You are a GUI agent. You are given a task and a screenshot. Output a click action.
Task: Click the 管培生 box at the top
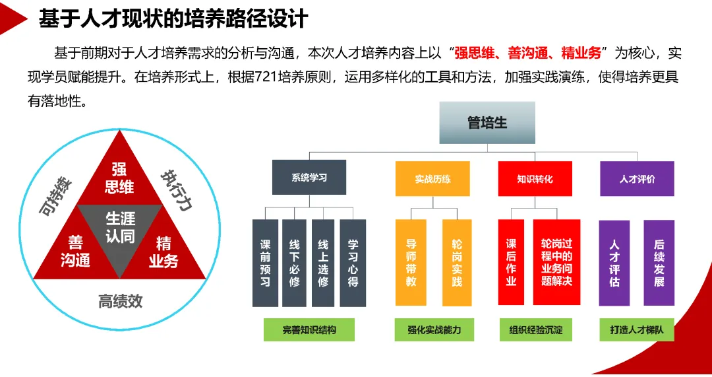coord(487,123)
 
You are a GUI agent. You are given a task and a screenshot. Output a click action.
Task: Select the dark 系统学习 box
coord(309,178)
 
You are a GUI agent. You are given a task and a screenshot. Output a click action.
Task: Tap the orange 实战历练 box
coord(432,178)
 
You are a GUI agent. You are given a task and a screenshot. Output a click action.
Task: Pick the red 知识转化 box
coord(535,178)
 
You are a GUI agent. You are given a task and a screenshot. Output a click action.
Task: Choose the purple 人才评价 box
coord(637,178)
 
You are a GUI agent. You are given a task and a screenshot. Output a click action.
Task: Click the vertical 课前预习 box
coord(265,263)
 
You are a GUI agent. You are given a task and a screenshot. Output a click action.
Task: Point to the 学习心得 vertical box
coord(353,263)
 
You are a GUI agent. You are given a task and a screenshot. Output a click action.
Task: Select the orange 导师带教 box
coord(411,263)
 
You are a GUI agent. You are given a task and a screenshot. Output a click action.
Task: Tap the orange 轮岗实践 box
coord(457,263)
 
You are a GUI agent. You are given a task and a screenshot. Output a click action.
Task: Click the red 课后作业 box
coord(511,263)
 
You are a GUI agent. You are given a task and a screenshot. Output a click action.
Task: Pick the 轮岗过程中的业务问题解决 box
coord(556,262)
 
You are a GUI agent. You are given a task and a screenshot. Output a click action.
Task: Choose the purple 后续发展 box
coord(659,263)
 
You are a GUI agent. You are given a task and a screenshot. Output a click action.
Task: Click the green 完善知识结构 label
coord(309,329)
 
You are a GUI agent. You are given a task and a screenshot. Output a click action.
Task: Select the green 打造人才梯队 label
coord(637,329)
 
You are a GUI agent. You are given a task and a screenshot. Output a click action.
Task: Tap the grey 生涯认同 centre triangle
coord(120,228)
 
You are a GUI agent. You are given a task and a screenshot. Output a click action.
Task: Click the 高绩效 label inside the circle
coord(121,302)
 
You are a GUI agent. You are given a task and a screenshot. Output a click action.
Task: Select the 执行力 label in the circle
coord(176,191)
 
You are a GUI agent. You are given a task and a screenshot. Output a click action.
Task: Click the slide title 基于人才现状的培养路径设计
coord(173,18)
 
